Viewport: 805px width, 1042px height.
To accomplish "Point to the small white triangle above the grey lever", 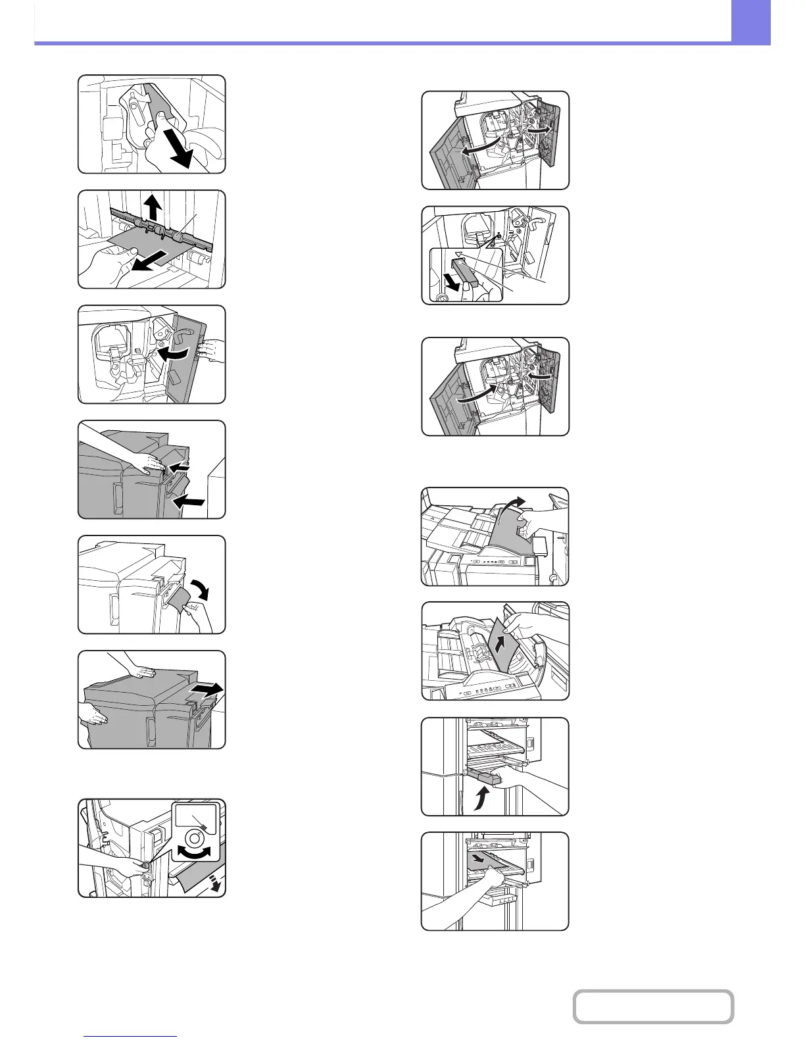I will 459,254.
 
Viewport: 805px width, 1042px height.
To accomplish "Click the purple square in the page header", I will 750,22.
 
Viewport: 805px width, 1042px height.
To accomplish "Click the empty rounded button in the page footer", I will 653,1006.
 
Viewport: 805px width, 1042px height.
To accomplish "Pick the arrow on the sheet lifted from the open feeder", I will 501,641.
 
